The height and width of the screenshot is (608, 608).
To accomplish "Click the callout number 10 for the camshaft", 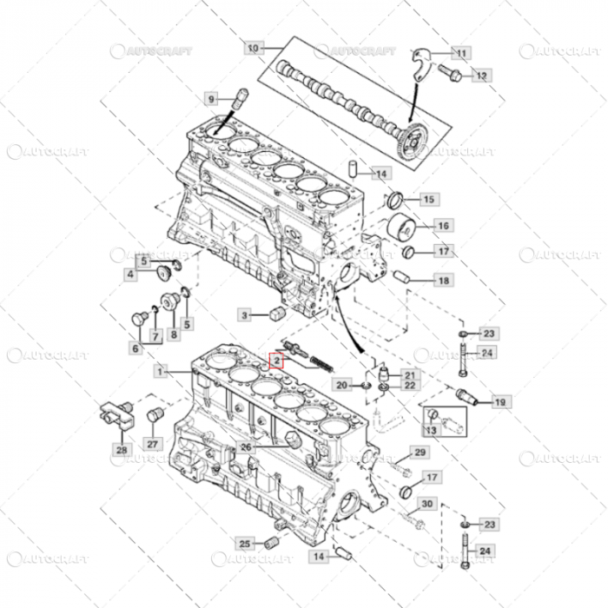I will coord(253,48).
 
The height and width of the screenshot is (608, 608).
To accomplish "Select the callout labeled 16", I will coord(442,226).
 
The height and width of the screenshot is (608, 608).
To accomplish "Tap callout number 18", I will coord(442,280).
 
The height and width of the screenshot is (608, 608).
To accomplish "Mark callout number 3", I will coord(245,314).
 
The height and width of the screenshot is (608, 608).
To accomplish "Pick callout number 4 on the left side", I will coord(131,274).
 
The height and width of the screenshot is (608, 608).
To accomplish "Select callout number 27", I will coord(153,444).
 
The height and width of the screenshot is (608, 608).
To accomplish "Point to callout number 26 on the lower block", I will coord(247,447).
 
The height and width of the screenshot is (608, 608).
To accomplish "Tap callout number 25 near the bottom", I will coord(245,544).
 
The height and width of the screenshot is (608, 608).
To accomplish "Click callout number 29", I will coord(420,453).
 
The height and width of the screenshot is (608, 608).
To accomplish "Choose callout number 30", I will coord(426,504).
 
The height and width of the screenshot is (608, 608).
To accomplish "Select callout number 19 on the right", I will coord(499,401).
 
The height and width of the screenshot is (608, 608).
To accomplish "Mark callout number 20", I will coord(341,385).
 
